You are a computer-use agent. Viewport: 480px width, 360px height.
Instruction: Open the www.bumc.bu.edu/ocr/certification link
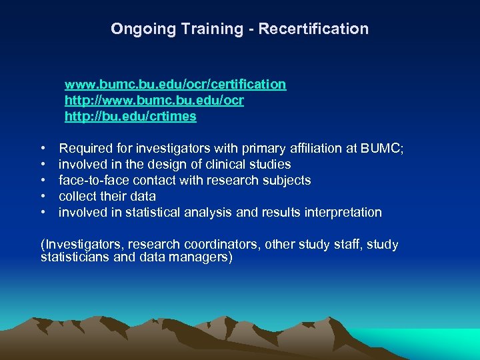(175, 85)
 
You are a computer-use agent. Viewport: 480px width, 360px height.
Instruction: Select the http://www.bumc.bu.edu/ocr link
(154, 101)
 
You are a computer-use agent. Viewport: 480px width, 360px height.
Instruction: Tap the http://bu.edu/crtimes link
(131, 117)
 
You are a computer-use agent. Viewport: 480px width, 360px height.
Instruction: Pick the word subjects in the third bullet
(287, 181)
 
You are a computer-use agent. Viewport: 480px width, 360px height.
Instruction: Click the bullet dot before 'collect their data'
(43, 197)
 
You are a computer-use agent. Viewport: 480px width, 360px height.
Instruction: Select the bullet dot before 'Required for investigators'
(43, 149)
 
